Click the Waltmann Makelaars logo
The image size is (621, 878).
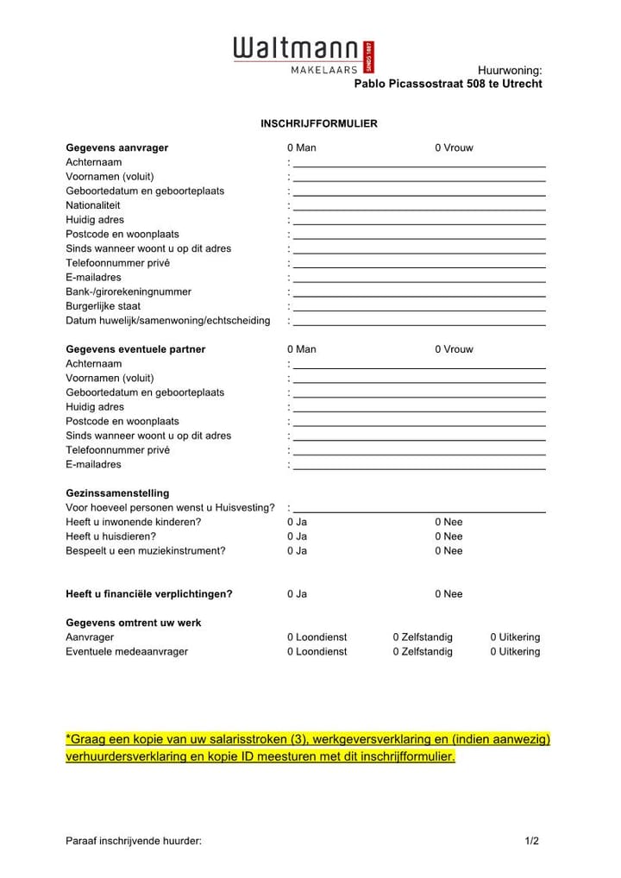click(303, 56)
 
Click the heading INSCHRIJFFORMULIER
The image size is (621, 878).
click(319, 124)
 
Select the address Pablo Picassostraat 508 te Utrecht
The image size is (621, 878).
click(448, 84)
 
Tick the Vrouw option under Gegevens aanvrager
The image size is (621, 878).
click(439, 147)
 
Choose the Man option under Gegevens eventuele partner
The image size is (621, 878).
click(292, 349)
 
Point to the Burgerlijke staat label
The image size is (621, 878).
click(103, 306)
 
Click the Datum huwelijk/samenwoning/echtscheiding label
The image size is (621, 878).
click(168, 321)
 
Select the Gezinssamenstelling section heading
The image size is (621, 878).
click(117, 493)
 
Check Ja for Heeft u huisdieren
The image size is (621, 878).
click(292, 536)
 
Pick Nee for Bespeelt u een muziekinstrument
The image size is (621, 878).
click(439, 551)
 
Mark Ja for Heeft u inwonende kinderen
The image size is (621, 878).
click(292, 522)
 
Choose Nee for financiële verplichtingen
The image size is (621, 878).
click(439, 594)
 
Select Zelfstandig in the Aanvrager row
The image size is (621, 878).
click(397, 637)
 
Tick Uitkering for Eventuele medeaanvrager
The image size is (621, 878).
click(494, 652)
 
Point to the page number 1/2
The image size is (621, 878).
click(531, 841)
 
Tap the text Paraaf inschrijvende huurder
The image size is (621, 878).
click(134, 841)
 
